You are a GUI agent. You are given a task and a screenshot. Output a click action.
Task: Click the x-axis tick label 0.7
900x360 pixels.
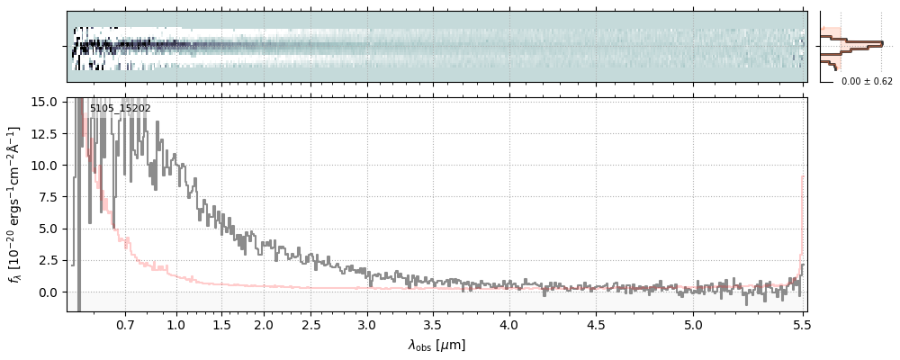(x=125, y=324)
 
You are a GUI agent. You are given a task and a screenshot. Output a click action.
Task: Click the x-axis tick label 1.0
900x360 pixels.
(x=176, y=324)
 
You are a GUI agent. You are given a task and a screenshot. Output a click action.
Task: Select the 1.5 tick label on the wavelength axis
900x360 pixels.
(x=221, y=324)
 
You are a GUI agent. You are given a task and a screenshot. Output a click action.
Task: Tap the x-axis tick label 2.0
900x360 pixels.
(x=263, y=324)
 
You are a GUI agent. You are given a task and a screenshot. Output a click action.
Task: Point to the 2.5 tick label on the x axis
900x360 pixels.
(x=311, y=324)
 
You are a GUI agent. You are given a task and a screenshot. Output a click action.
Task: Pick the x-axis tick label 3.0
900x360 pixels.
(x=367, y=324)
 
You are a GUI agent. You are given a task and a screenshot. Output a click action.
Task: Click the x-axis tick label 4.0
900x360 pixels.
(x=509, y=324)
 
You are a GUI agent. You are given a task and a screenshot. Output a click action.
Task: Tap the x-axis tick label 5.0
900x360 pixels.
(x=693, y=324)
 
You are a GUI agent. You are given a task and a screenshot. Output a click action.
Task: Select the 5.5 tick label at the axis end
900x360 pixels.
(x=803, y=324)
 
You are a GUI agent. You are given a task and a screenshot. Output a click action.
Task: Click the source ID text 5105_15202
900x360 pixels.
(x=120, y=108)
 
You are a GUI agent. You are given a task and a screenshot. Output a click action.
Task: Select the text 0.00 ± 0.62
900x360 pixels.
(x=867, y=81)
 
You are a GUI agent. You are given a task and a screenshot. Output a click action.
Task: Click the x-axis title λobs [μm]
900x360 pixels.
(x=436, y=345)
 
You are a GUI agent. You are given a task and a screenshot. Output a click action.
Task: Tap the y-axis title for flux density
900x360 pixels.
(x=15, y=203)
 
